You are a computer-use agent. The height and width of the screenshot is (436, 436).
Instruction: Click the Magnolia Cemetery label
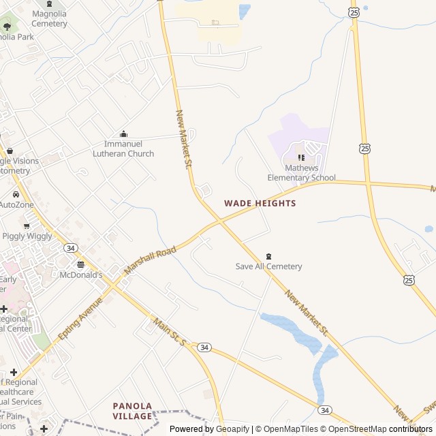click(x=49, y=18)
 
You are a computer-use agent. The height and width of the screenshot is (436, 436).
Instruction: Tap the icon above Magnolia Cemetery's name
click(x=49, y=4)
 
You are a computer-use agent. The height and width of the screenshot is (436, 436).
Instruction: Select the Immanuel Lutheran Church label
click(x=123, y=149)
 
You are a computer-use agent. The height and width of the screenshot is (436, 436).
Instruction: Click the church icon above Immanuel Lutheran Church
click(x=123, y=134)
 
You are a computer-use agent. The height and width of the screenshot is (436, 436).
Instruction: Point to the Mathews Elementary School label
click(x=301, y=173)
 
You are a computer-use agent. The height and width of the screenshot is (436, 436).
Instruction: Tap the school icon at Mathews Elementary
click(x=301, y=158)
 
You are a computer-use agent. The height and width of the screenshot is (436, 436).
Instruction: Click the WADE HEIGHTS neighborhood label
click(x=260, y=203)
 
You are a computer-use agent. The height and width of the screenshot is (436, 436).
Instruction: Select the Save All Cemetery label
click(x=268, y=266)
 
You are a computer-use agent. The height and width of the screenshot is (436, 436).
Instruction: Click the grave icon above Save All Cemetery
click(x=268, y=256)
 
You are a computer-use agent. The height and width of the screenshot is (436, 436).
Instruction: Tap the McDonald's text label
click(x=81, y=275)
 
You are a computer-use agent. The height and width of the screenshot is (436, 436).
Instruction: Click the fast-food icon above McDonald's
click(x=80, y=264)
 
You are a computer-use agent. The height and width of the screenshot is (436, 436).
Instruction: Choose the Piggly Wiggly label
click(x=27, y=236)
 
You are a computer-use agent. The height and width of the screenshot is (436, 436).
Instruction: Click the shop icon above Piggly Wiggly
click(x=27, y=225)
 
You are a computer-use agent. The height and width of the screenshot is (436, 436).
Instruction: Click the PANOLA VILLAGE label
click(x=132, y=411)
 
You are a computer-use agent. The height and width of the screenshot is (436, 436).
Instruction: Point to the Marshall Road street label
click(x=150, y=261)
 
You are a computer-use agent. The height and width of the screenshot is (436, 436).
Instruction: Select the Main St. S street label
click(x=168, y=331)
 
